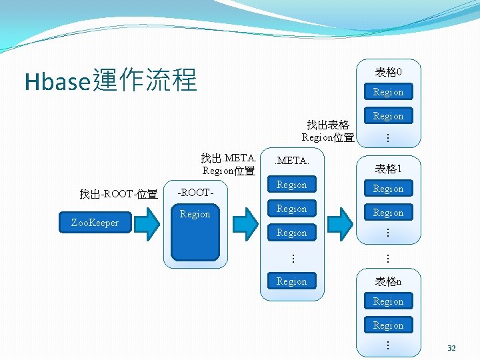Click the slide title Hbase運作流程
coord(111,81)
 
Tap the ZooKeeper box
coord(95,223)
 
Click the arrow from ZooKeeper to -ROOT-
coord(149,223)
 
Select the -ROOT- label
coord(195,193)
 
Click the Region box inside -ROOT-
coord(195,215)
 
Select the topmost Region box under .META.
coord(291,185)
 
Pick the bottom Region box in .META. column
coord(291,281)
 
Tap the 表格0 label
coord(388,71)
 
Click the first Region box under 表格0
coord(388,92)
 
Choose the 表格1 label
coord(388,169)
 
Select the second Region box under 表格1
coord(388,213)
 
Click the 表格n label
coord(388,281)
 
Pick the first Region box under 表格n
coord(388,301)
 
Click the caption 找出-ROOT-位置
coord(118,194)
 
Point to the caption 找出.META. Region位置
coord(228,164)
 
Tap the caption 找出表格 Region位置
coord(327,131)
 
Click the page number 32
coord(451,348)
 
